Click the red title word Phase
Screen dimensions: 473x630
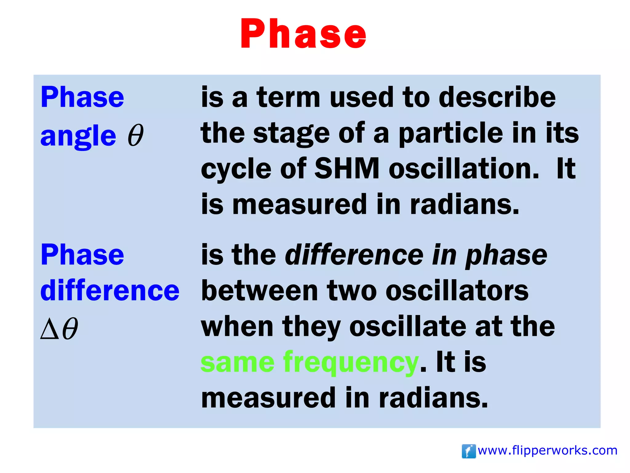[303, 34]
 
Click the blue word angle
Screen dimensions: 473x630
[78, 136]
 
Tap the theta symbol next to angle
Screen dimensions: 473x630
[136, 135]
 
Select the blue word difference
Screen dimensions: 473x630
[110, 291]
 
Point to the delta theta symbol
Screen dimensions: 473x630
[59, 329]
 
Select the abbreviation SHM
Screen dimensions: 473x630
[347, 169]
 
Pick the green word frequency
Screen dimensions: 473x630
[351, 363]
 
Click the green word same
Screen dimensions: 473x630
[237, 363]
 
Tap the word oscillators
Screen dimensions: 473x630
[457, 291]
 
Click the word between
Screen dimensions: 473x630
[259, 291]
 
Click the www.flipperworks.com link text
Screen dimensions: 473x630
[547, 451]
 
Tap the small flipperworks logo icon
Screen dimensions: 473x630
[469, 451]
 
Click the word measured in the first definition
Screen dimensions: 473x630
[299, 205]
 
